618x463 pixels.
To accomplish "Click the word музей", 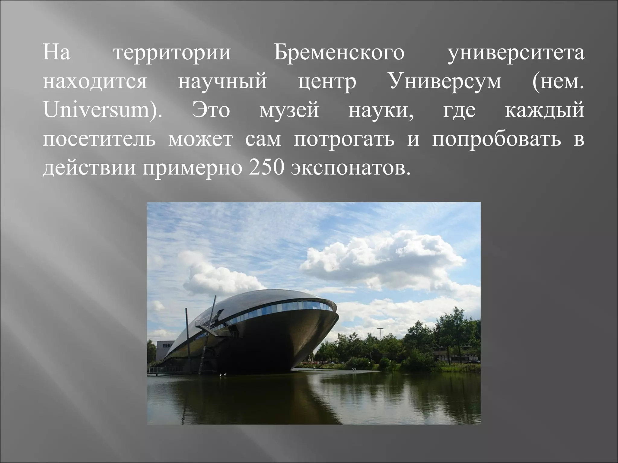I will pyautogui.click(x=289, y=110).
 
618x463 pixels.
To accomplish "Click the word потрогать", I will pyautogui.click(x=344, y=140).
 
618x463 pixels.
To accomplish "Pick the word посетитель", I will pyautogui.click(x=99, y=139).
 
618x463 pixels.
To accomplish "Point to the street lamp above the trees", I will pyautogui.click(x=380, y=329).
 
